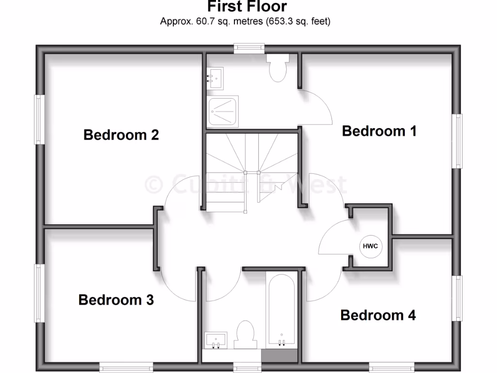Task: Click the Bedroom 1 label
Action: point(379,131)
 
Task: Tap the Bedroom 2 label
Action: point(121,135)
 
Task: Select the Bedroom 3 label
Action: point(116,300)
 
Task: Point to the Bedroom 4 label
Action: point(378,315)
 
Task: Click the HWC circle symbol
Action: point(371,246)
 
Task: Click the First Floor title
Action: point(247,7)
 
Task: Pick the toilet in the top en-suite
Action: point(278,68)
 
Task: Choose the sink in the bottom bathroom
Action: point(215,339)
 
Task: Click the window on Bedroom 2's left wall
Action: point(39,119)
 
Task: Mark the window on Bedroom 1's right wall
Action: point(457,141)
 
